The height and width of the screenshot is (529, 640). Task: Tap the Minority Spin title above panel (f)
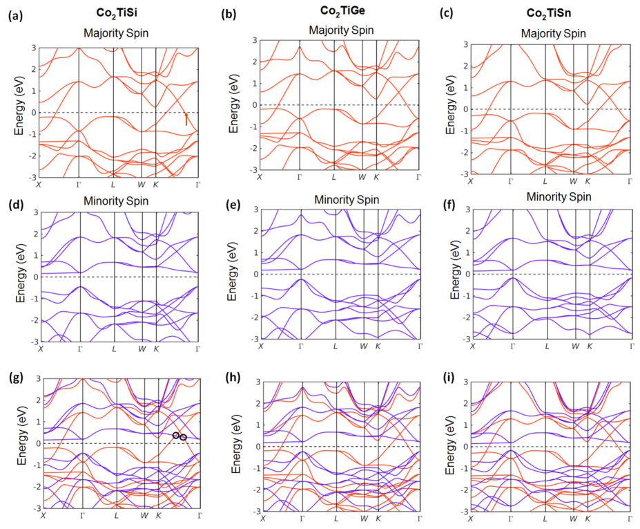[559, 197]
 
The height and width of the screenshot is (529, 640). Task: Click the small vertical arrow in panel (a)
[186, 120]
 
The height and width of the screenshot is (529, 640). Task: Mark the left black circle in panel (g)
[176, 435]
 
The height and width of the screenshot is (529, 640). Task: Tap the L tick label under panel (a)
[113, 184]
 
